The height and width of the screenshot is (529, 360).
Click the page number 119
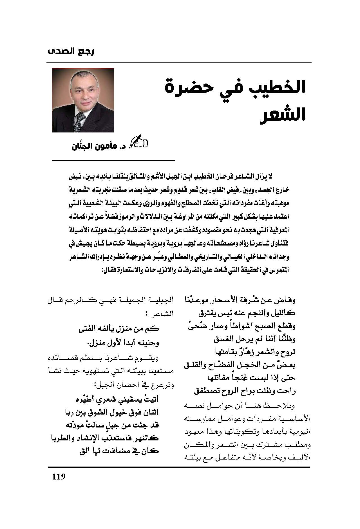pos(59,477)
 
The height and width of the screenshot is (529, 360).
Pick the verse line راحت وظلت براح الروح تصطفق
pos(245,391)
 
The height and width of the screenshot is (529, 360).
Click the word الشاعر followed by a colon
pos(165,314)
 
